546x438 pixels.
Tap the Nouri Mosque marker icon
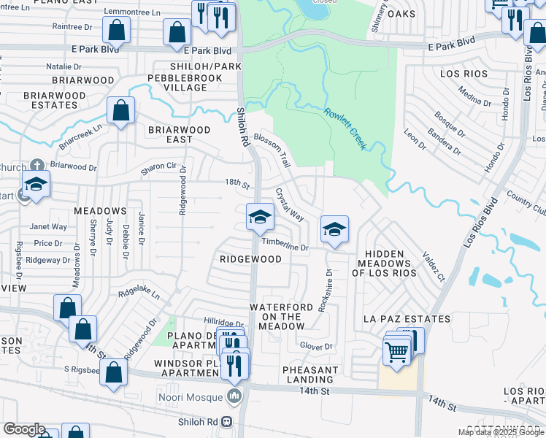coord(234,397)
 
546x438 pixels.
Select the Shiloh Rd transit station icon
coord(227,421)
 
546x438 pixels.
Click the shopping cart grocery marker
coord(396,352)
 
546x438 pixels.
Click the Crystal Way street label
coord(289,204)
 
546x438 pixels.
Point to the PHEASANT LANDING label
coord(310,374)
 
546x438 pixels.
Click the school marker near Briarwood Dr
coord(35,185)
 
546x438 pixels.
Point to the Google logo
coord(24,429)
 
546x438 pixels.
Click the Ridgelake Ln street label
coord(139,292)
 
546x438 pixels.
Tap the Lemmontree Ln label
coord(132,12)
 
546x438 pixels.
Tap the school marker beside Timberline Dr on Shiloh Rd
coord(259,217)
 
